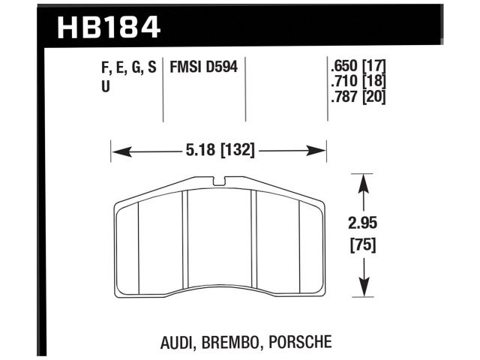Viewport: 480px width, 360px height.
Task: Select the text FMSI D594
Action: point(205,67)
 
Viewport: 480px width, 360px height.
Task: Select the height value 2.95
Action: point(364,223)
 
